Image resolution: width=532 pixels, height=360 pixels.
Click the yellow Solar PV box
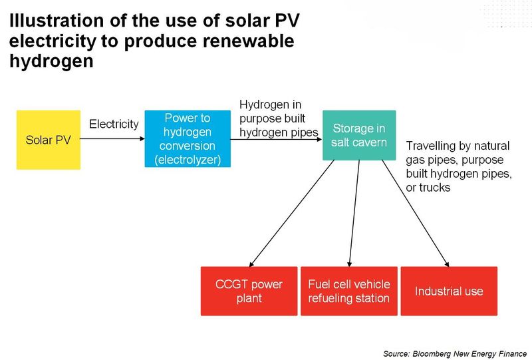48,140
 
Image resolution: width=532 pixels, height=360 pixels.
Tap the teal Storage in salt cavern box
358,135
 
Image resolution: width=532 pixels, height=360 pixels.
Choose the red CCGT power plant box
249,291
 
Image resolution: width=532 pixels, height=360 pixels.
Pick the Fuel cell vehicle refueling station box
348,291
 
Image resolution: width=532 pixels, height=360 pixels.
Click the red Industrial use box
449,291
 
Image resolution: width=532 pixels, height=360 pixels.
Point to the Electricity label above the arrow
114,124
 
